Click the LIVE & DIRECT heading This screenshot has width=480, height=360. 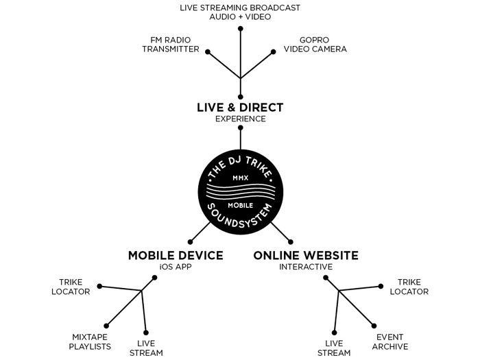[x=239, y=108]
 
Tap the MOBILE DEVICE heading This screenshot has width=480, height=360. [x=176, y=255]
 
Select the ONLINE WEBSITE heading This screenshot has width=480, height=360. [x=306, y=255]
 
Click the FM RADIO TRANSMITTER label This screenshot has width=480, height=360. [x=171, y=45]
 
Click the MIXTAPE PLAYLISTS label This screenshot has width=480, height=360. [x=91, y=341]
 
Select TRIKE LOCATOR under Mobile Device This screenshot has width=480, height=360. [x=75, y=287]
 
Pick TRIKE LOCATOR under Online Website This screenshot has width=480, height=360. [x=409, y=287]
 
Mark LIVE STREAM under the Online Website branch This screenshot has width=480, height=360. [x=334, y=348]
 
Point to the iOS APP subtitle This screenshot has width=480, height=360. [x=176, y=267]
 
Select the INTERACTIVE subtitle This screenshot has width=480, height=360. [x=306, y=267]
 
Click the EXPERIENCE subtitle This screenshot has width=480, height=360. [x=239, y=119]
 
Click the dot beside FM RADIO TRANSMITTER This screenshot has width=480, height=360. [x=208, y=50]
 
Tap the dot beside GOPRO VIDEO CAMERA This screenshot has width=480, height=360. [x=274, y=50]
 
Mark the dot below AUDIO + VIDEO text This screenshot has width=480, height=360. [x=240, y=29]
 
